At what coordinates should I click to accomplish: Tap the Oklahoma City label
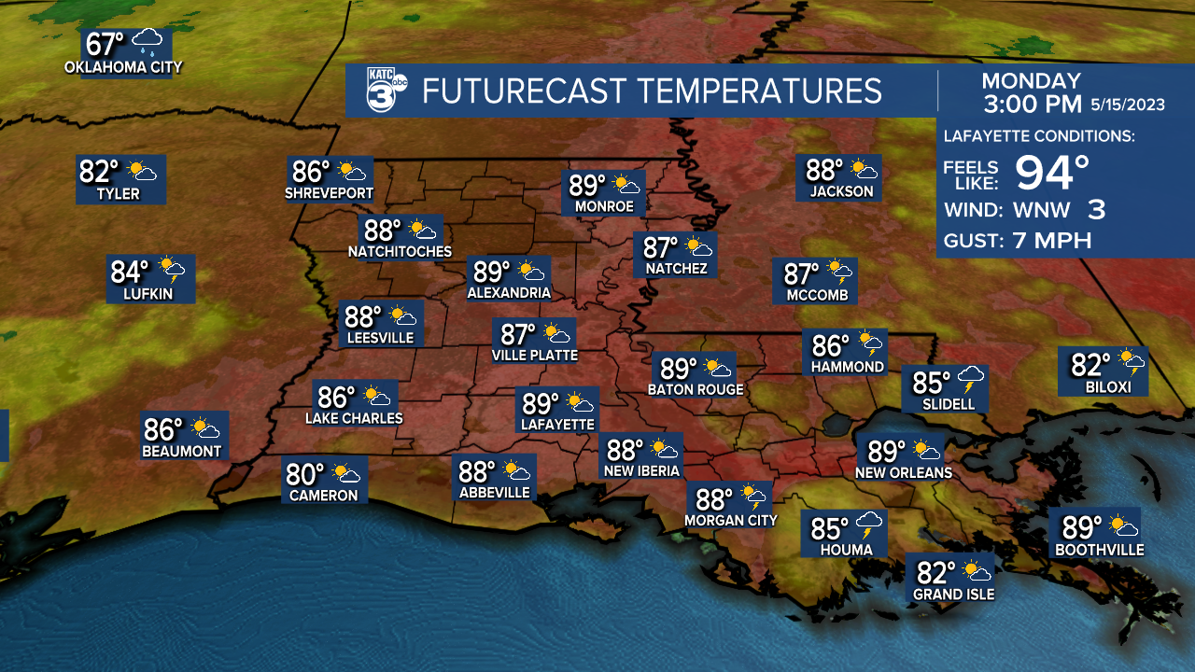[x=123, y=67]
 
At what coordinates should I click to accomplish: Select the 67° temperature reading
[x=105, y=44]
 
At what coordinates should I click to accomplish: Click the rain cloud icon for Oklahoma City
[x=148, y=43]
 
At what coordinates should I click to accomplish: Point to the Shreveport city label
[x=329, y=194]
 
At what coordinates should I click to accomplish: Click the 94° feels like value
[x=1052, y=172]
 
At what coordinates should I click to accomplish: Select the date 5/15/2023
[x=1128, y=105]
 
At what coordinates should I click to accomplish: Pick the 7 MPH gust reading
[x=1052, y=241]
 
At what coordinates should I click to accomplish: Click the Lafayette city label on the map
[x=557, y=424]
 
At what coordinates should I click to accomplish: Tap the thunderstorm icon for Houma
[x=869, y=526]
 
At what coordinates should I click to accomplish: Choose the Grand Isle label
[x=953, y=595]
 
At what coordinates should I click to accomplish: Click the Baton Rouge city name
[x=696, y=389]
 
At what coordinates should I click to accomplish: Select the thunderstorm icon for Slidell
[x=972, y=380]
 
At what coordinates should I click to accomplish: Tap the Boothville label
[x=1099, y=551]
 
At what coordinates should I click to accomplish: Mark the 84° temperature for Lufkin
[x=130, y=272]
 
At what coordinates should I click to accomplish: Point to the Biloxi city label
[x=1108, y=386]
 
